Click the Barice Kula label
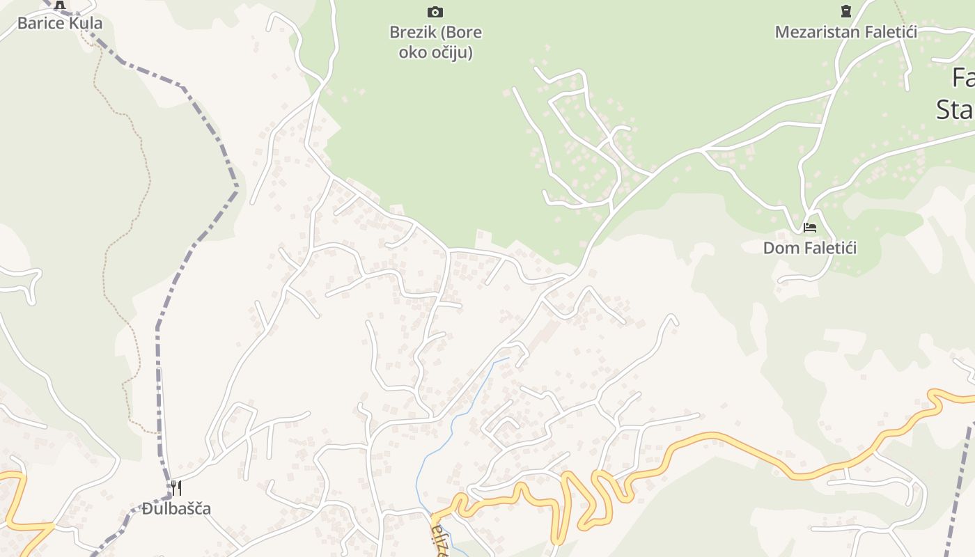click(60, 23)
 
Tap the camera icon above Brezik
click(435, 12)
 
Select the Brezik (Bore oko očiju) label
click(436, 42)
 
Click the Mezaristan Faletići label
click(845, 32)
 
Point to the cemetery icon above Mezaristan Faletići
click(845, 11)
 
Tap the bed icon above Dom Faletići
click(809, 227)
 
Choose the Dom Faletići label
click(810, 248)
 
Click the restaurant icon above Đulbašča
click(176, 487)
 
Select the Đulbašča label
click(176, 508)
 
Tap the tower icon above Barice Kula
click(60, 6)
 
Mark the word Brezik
click(412, 32)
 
